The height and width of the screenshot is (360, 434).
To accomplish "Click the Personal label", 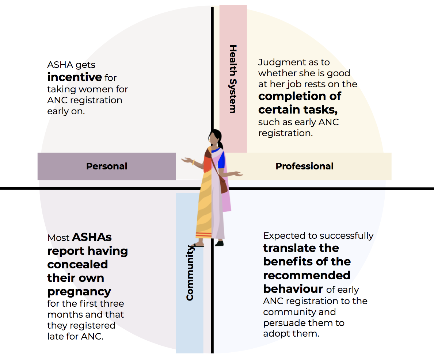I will (x=107, y=166).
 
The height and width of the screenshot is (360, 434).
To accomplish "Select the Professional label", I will (x=304, y=166).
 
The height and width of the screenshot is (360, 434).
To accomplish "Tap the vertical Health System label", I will (x=233, y=79).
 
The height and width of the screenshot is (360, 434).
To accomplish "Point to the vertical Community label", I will (x=190, y=273).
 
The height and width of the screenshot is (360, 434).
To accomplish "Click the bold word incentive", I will (x=75, y=77).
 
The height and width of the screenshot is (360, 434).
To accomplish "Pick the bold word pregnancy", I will (x=79, y=292).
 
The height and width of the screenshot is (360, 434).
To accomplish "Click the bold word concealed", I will (x=77, y=264).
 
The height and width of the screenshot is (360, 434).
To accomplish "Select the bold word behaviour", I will (x=293, y=289).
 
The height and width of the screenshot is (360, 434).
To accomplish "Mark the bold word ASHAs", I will (x=92, y=237).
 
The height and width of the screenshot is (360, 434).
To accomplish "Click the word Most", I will (x=58, y=238).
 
